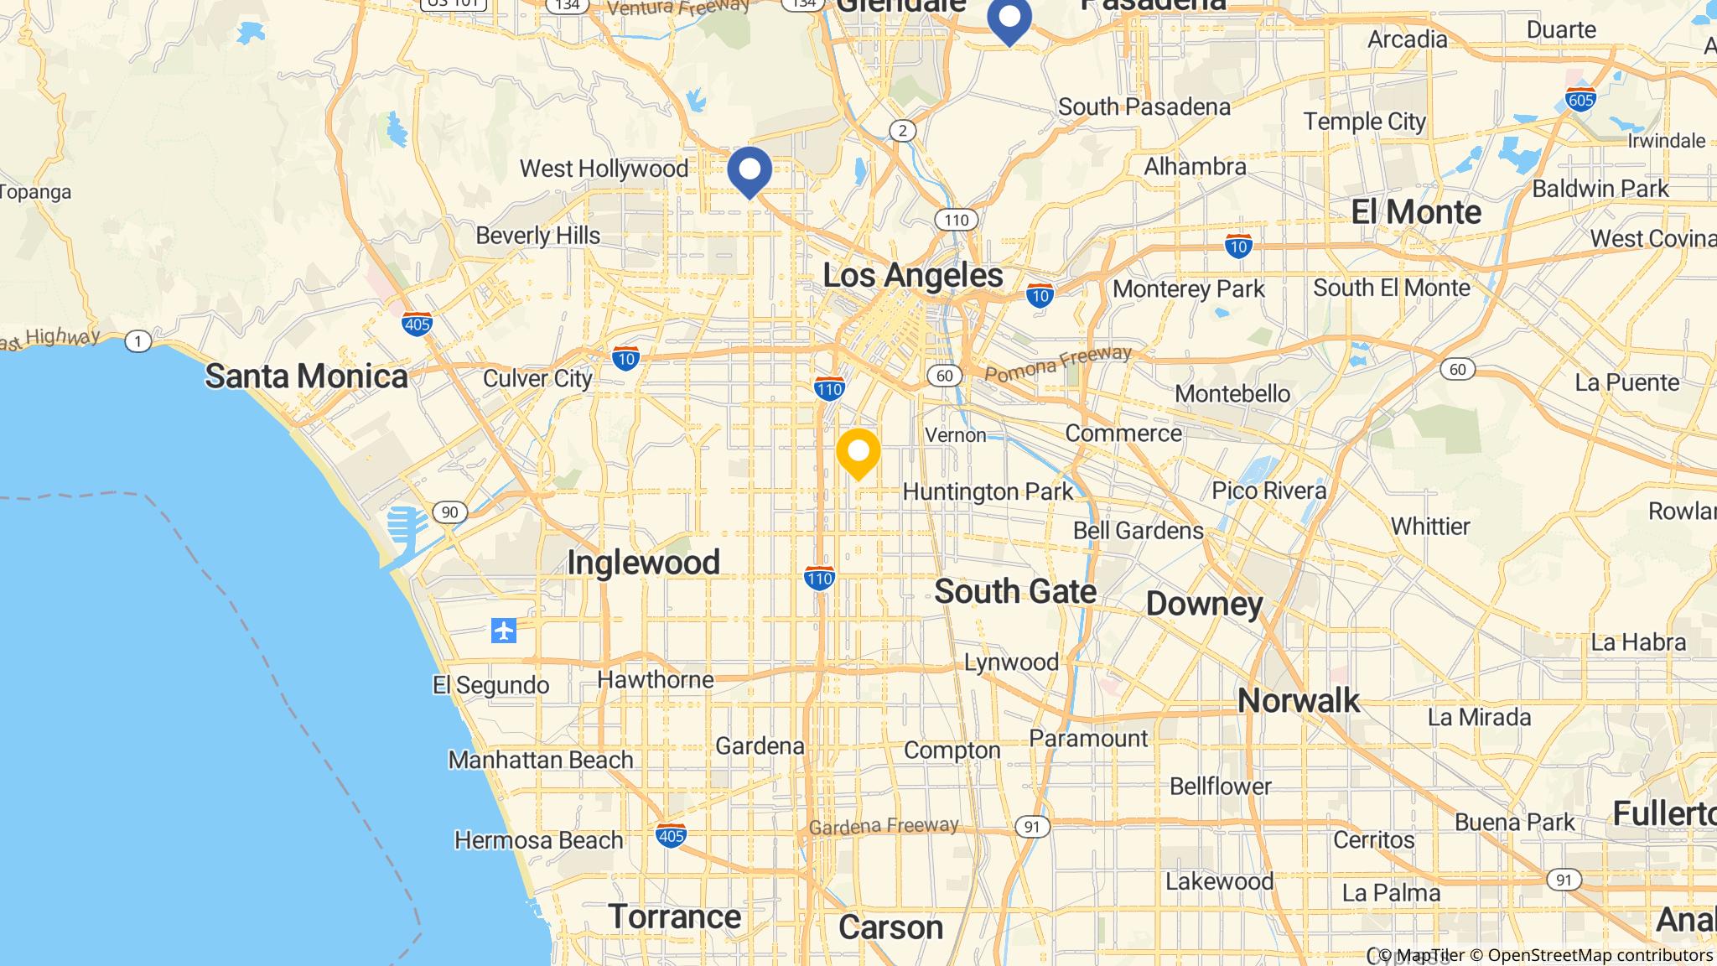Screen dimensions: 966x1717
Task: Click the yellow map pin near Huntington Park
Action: click(x=858, y=453)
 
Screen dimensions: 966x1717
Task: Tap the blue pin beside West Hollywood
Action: click(x=749, y=170)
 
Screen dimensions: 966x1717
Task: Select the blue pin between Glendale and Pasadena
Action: click(x=1009, y=18)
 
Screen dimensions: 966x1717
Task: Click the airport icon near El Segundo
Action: click(x=504, y=630)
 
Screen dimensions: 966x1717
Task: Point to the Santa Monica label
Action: click(x=306, y=377)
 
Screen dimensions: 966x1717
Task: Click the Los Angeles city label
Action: click(x=912, y=275)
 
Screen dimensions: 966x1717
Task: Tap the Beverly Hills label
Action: click(x=537, y=236)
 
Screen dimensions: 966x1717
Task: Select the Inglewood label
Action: click(x=643, y=562)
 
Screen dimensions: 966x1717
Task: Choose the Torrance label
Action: click(x=674, y=917)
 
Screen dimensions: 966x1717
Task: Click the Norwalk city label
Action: click(x=1298, y=700)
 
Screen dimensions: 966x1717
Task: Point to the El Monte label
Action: click(x=1416, y=211)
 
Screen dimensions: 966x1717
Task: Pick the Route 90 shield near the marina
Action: click(x=450, y=512)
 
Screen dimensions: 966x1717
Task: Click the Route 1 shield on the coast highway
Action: click(x=137, y=341)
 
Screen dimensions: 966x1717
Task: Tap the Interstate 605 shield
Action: click(x=1580, y=100)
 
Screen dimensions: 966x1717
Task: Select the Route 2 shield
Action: click(x=902, y=131)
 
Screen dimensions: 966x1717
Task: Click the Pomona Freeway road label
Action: click(x=1058, y=364)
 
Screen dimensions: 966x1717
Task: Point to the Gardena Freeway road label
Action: click(x=883, y=826)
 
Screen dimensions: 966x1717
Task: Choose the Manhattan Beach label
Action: click(x=541, y=760)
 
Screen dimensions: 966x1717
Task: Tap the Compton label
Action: click(x=952, y=750)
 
